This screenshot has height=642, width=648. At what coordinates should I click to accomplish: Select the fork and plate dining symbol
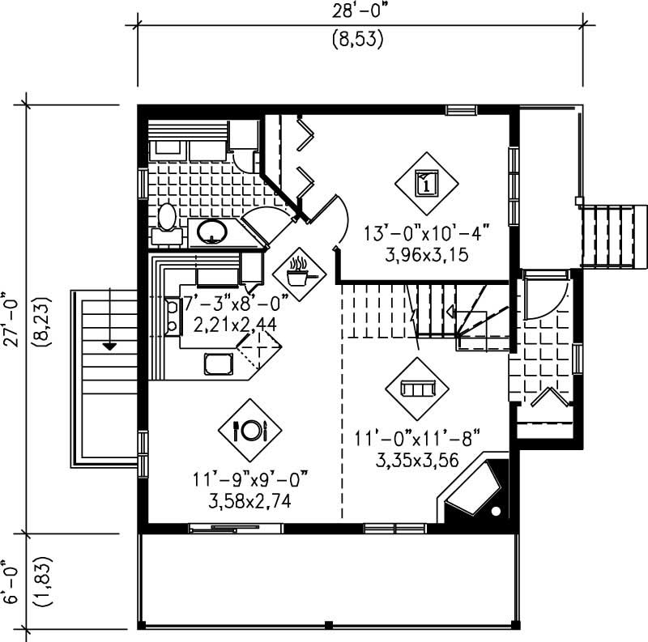249,430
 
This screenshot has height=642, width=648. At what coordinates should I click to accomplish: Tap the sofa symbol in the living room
416,389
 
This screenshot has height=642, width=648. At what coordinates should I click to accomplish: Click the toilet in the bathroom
167,219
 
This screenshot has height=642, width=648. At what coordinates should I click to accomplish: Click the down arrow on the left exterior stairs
109,346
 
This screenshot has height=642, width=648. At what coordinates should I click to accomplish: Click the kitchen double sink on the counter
172,317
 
